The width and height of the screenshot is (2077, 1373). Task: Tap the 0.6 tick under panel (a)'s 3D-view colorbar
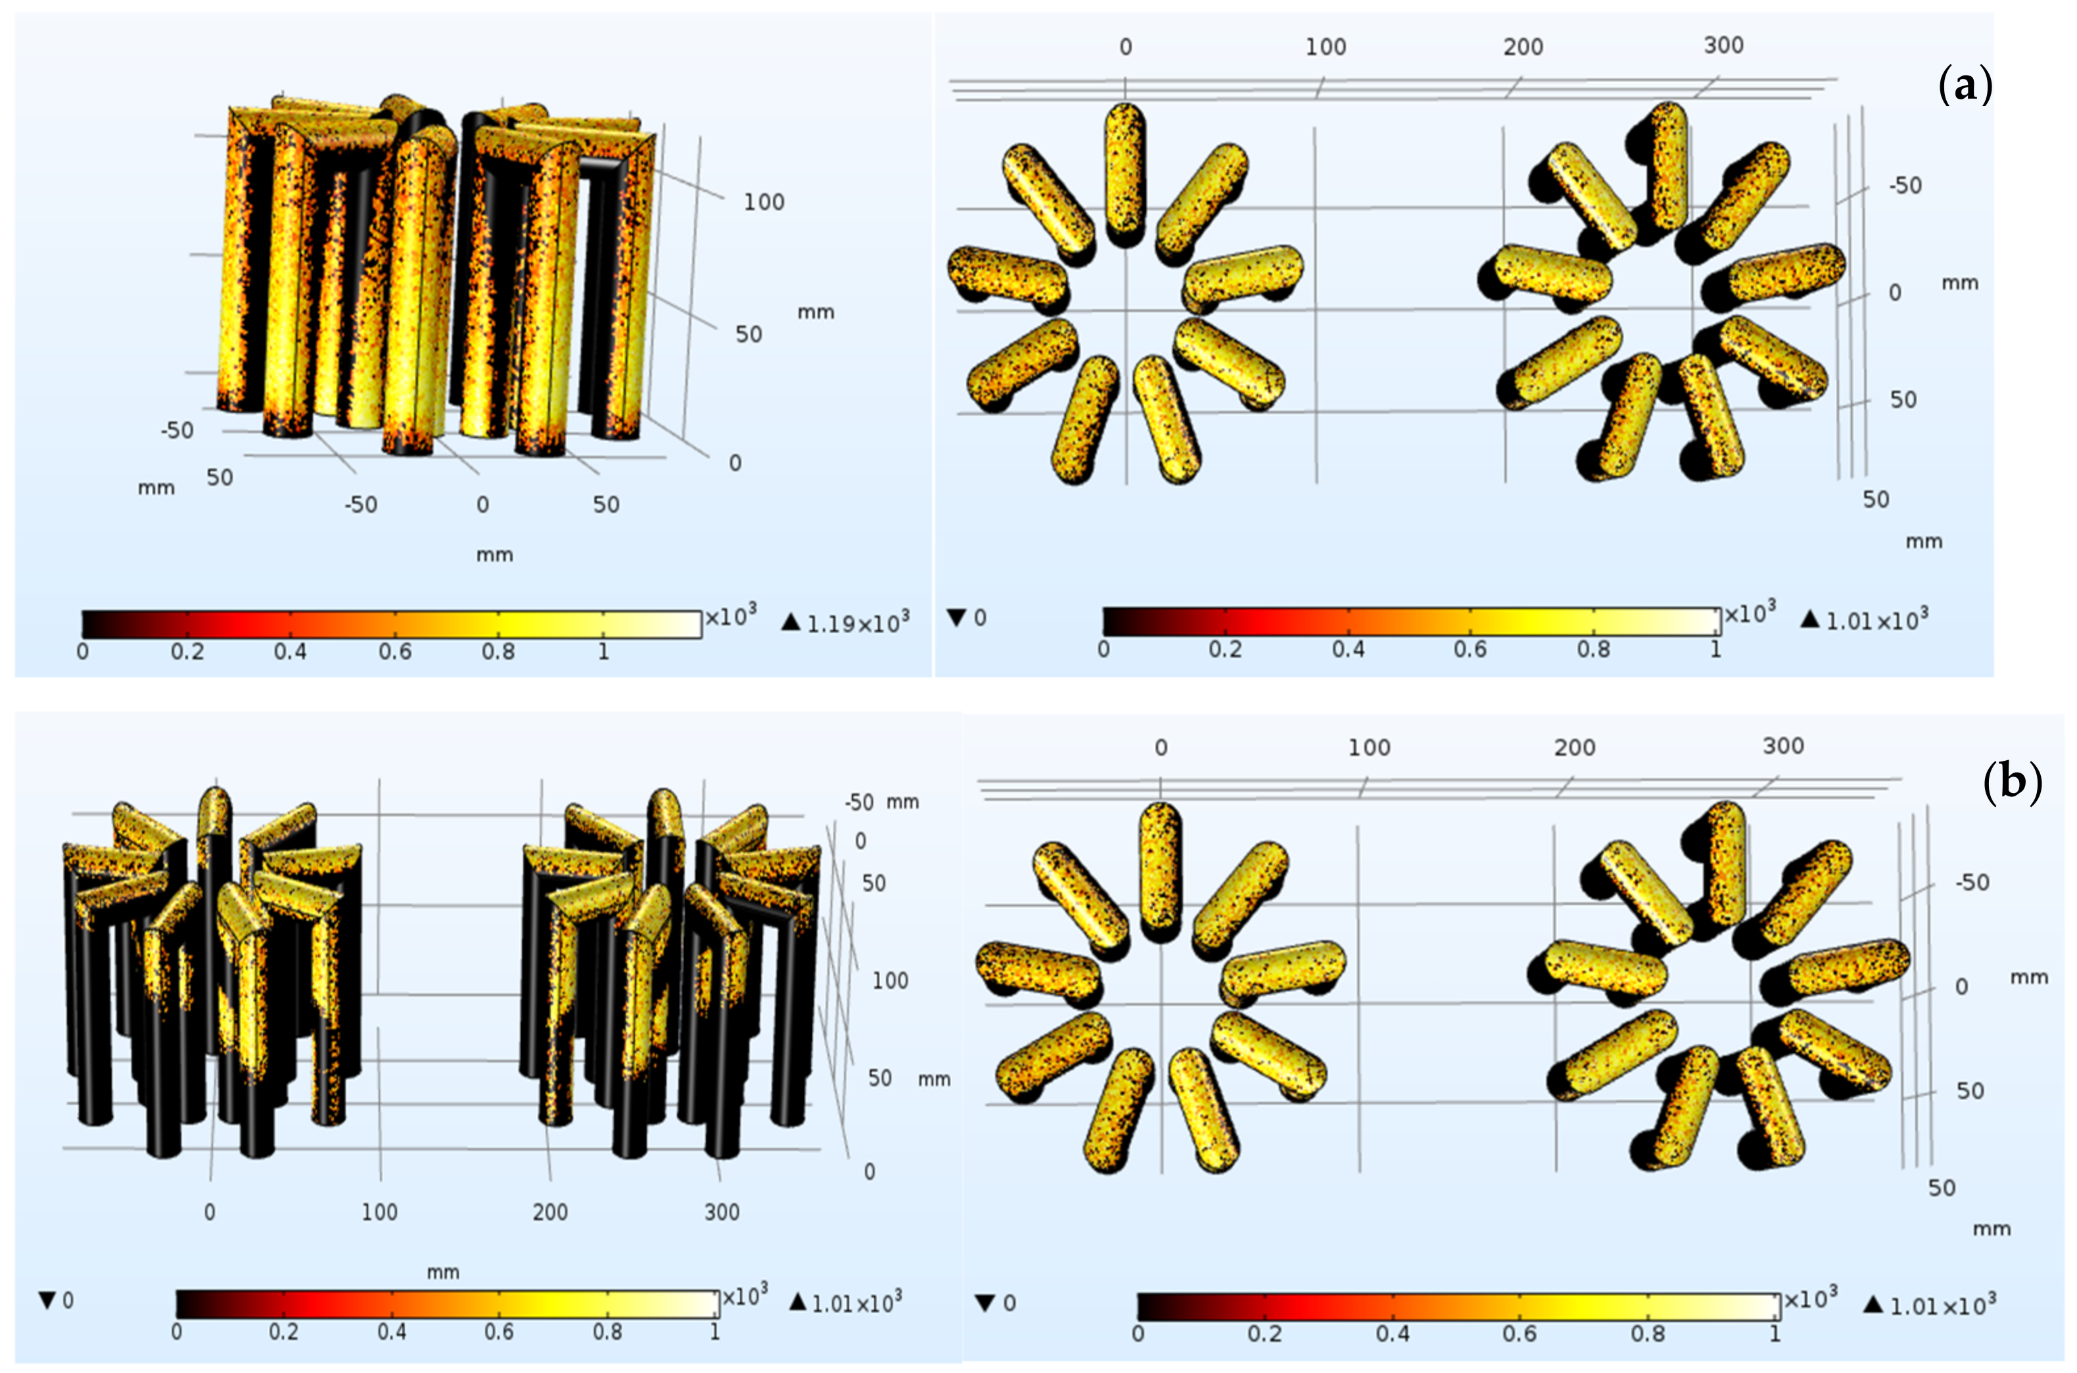click(395, 652)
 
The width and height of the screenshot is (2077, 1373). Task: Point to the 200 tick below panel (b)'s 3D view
click(549, 1212)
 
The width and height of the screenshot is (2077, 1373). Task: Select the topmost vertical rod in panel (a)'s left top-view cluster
click(1125, 172)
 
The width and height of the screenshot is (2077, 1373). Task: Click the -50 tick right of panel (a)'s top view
click(1905, 185)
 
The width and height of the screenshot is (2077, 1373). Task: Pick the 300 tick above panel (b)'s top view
click(1783, 746)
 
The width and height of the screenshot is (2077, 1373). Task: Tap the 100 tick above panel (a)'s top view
click(1325, 47)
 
